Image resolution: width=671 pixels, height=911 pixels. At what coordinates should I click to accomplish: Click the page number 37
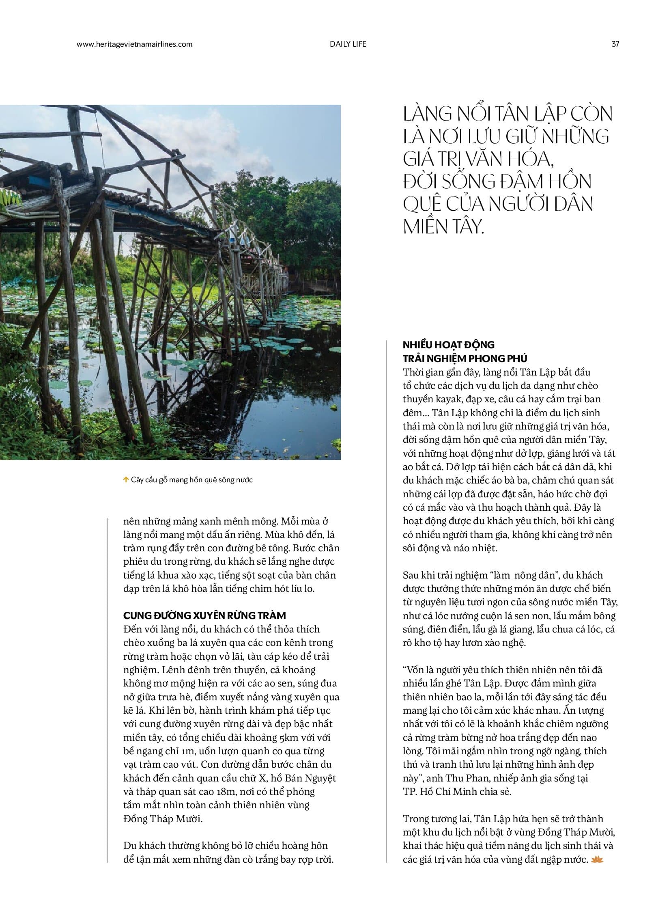coord(615,44)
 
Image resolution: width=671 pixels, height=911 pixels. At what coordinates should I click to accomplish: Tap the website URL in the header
coord(134,44)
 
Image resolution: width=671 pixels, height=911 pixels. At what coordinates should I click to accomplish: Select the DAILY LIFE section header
coord(348,44)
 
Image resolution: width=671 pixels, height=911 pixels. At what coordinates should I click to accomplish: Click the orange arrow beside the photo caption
coord(125,480)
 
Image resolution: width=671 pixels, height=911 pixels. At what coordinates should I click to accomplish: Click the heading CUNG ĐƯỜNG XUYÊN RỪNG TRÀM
coord(204,615)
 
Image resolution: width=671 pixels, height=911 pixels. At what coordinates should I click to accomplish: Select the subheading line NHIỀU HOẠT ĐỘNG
coord(448,345)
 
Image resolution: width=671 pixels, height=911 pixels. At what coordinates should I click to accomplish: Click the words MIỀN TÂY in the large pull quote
coord(443,227)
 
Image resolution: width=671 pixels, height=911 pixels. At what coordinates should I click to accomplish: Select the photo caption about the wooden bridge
coord(192,480)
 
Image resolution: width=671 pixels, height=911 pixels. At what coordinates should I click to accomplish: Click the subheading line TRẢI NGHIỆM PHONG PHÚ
coord(465,358)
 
